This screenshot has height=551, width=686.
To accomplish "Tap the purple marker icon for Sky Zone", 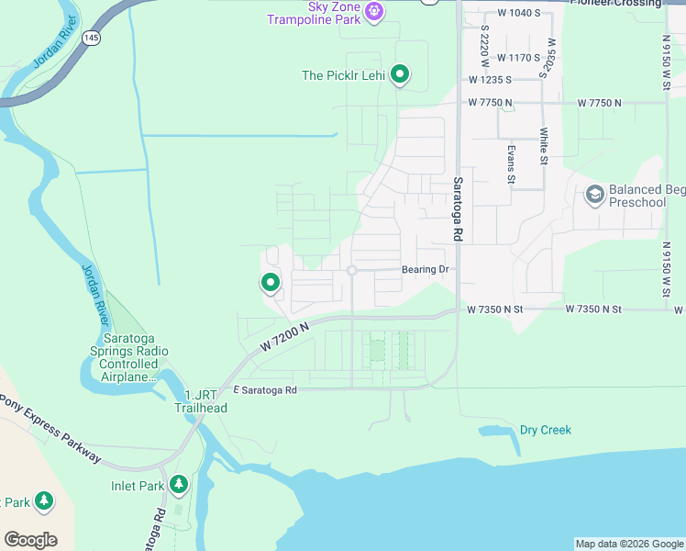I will click(373, 11).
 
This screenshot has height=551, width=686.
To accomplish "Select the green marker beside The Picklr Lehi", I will click(400, 74).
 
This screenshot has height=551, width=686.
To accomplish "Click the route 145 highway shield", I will click(91, 38).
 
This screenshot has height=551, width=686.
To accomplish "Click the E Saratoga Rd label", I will click(265, 390).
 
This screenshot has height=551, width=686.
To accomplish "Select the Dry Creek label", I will click(545, 430).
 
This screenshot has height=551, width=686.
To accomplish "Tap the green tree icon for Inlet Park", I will click(179, 484).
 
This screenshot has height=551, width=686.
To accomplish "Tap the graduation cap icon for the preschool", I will click(595, 195).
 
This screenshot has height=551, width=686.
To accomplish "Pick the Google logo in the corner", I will click(30, 540).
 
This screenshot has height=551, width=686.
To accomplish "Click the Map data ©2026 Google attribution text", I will click(628, 544).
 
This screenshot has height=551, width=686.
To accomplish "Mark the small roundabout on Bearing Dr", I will click(352, 270).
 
